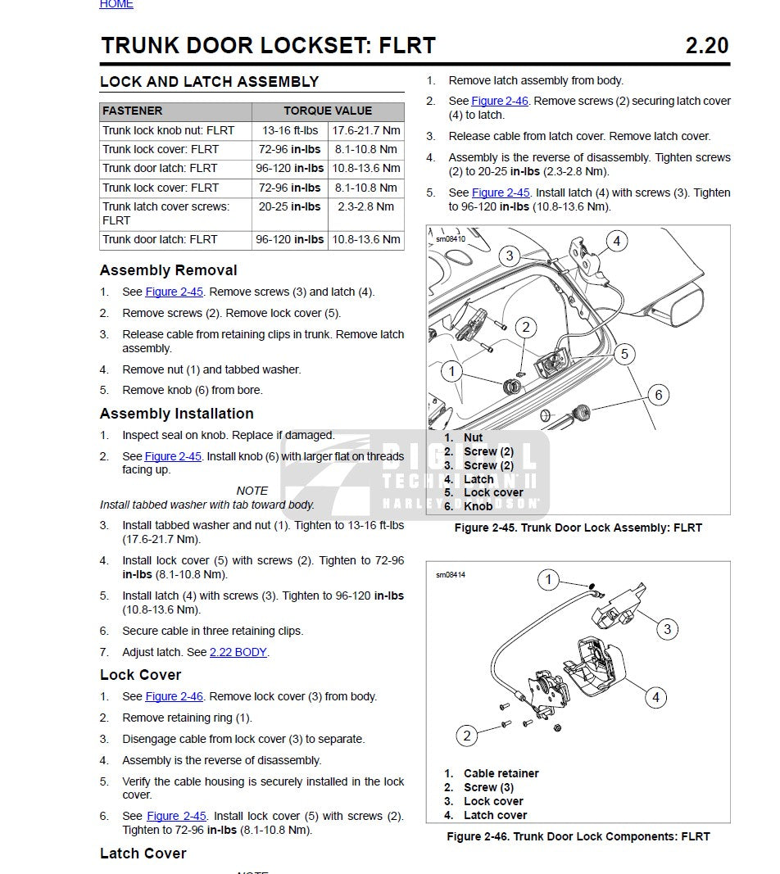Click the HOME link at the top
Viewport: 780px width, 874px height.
pyautogui.click(x=116, y=5)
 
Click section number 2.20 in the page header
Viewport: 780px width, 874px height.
pyautogui.click(x=706, y=46)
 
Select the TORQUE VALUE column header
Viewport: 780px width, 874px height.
pyautogui.click(x=328, y=111)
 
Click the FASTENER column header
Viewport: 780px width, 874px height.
pyautogui.click(x=133, y=111)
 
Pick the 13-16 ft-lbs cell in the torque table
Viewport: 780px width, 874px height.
pyautogui.click(x=290, y=130)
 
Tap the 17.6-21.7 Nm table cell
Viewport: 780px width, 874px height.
pyautogui.click(x=366, y=130)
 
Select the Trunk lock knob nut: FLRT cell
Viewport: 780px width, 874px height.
pyautogui.click(x=169, y=130)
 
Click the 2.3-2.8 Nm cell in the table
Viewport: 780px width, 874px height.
pyautogui.click(x=366, y=207)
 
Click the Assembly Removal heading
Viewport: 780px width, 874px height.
pyautogui.click(x=169, y=270)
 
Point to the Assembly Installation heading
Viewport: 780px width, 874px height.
pyautogui.click(x=177, y=414)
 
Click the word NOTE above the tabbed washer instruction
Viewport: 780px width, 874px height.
pyautogui.click(x=252, y=491)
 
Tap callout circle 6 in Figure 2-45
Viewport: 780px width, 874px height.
pyautogui.click(x=658, y=396)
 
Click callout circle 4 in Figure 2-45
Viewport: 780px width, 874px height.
pyautogui.click(x=616, y=241)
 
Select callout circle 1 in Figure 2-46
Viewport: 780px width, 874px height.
pyautogui.click(x=549, y=581)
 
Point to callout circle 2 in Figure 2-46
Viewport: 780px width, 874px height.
pyautogui.click(x=467, y=735)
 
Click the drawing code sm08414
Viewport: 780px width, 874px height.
pyautogui.click(x=451, y=575)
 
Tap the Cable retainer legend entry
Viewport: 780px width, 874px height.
pyautogui.click(x=501, y=773)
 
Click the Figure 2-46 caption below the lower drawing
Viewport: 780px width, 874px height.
pyautogui.click(x=578, y=836)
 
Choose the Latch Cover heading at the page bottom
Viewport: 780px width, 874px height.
pyautogui.click(x=143, y=854)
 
